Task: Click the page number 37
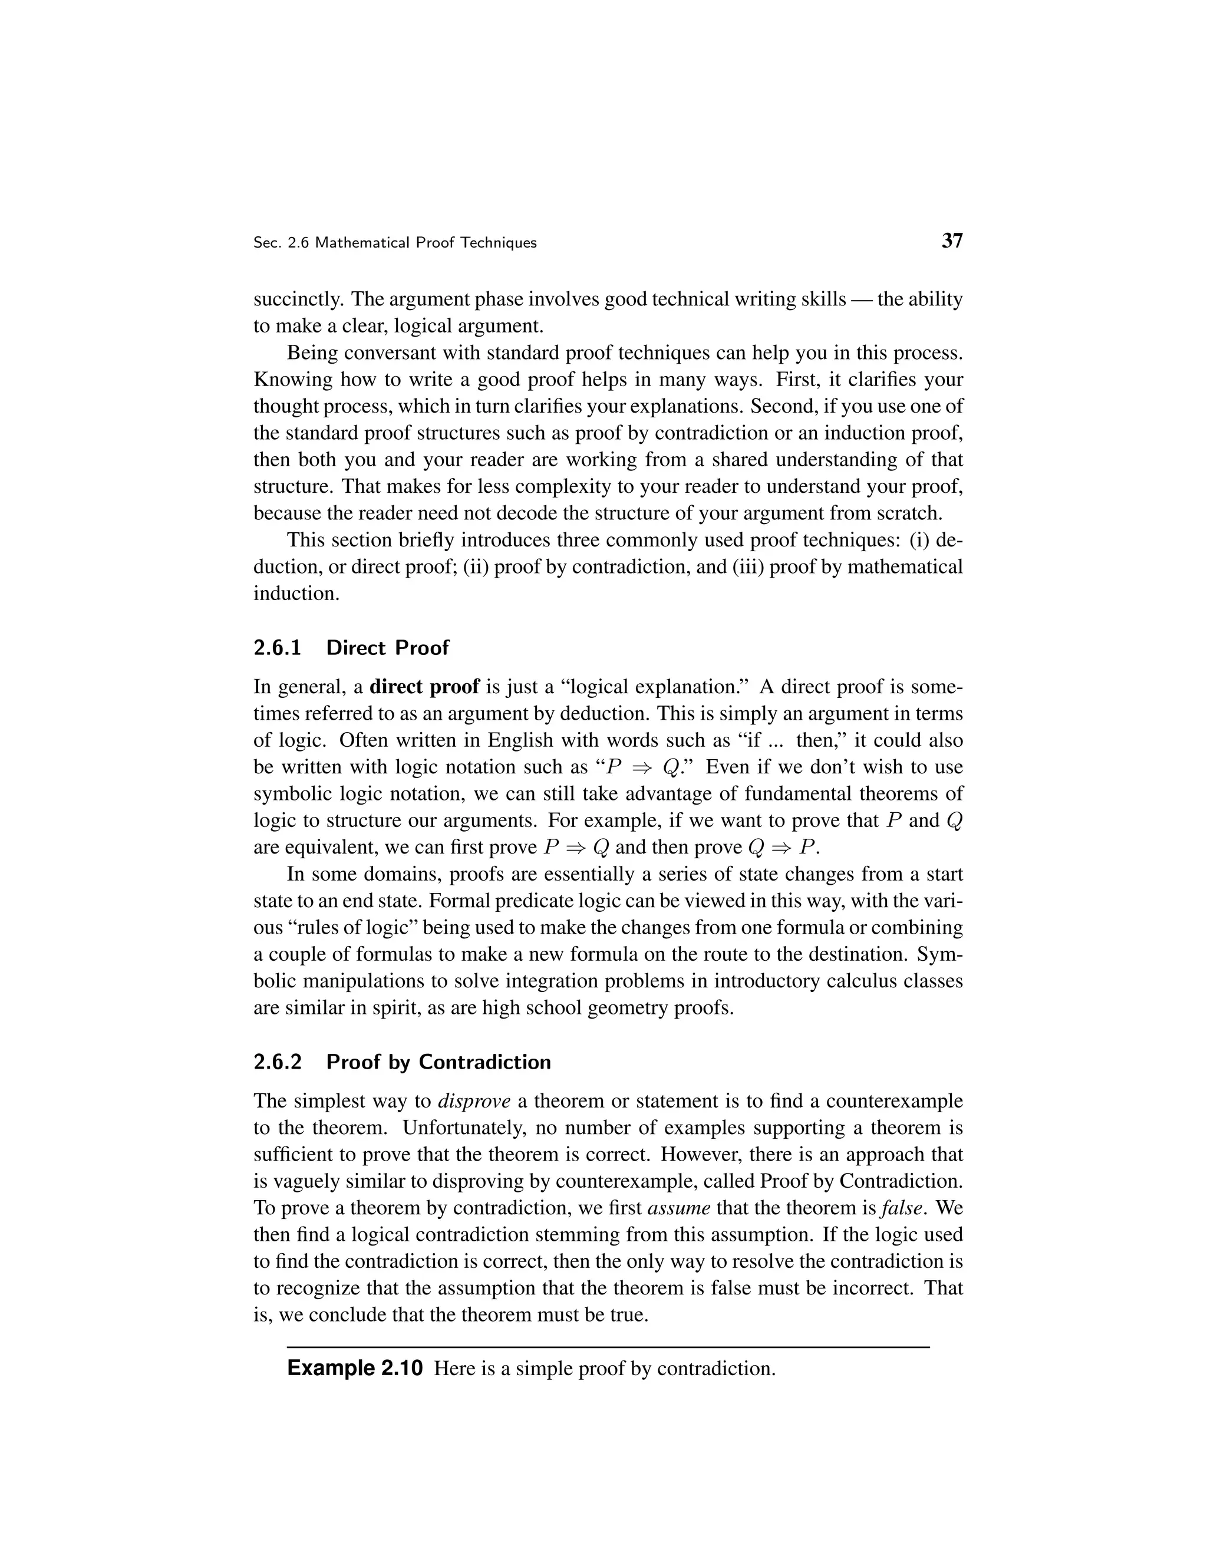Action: (952, 241)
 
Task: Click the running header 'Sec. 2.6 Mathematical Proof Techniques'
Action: (395, 243)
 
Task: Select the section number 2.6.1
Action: (278, 648)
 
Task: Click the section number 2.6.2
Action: (278, 1062)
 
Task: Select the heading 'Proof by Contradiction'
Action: (438, 1062)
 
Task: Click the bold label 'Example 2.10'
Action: (355, 1368)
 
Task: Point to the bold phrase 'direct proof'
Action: (424, 687)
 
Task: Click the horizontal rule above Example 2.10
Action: (608, 1347)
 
